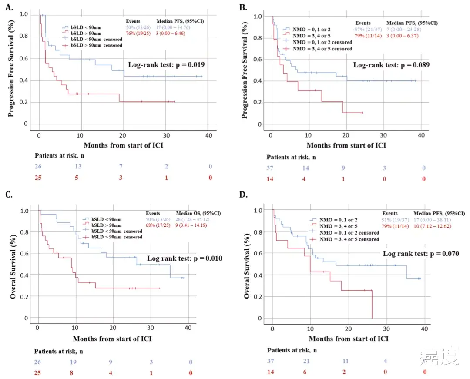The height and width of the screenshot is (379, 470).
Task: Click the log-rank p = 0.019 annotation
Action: [x=166, y=65]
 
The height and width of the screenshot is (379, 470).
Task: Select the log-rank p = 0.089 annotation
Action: [x=391, y=65]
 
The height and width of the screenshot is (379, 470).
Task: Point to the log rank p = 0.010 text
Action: [x=185, y=258]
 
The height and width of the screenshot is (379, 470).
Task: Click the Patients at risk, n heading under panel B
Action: [x=291, y=157]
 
